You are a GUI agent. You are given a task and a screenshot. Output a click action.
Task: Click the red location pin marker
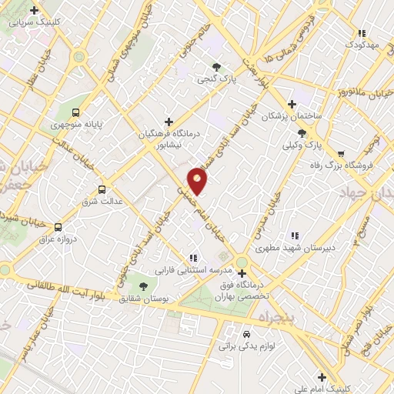(x=198, y=180)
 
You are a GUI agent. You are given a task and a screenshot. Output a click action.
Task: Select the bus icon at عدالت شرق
(x=102, y=189)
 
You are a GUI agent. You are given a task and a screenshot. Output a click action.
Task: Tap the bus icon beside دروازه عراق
(x=58, y=227)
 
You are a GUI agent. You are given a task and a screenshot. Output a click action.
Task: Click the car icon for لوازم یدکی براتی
(x=245, y=335)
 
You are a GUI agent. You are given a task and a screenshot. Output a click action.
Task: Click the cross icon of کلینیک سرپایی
(x=34, y=10)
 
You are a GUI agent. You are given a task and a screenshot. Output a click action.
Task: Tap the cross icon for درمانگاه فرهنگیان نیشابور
(x=169, y=121)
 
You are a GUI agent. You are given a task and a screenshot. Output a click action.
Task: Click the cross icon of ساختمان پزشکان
(x=291, y=104)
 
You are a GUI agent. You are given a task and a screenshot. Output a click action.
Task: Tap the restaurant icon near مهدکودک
(x=362, y=33)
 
